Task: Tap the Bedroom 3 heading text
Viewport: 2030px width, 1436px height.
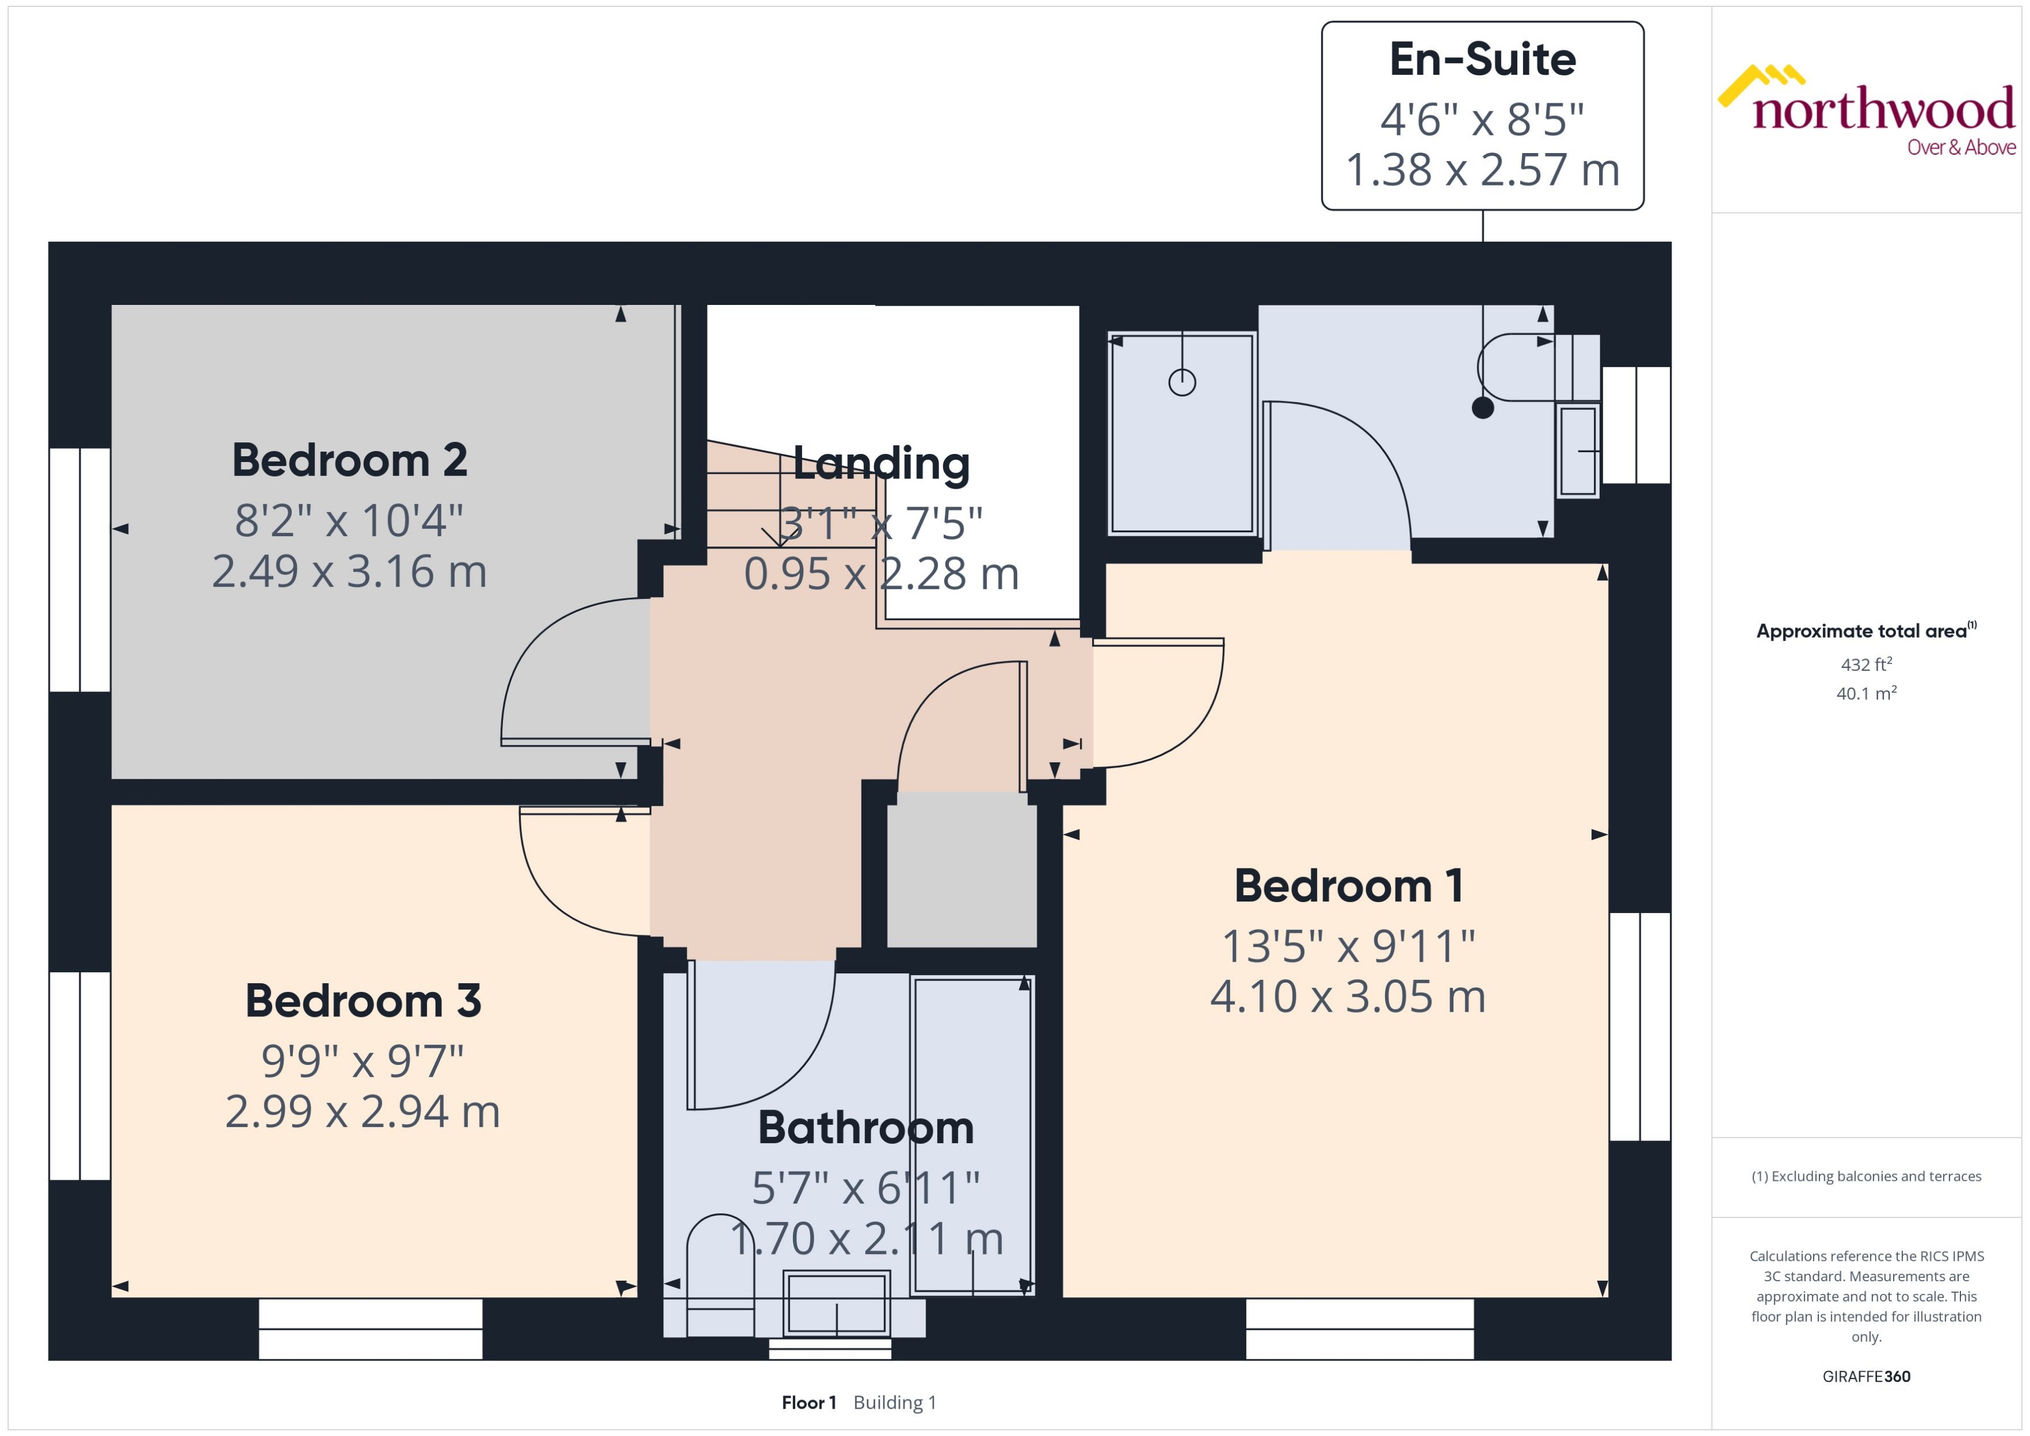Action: [362, 1001]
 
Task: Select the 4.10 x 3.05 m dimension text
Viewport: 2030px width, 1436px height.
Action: [1347, 997]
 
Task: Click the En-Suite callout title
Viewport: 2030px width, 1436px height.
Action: [1482, 59]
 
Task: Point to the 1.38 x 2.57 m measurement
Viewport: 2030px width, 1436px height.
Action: [1482, 170]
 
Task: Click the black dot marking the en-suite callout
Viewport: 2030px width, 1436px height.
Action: [1482, 408]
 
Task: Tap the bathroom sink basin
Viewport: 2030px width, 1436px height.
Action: [836, 1303]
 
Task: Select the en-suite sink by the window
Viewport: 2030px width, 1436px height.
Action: [1578, 450]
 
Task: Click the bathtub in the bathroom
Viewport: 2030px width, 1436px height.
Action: [972, 1135]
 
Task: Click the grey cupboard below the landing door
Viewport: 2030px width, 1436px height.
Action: [962, 869]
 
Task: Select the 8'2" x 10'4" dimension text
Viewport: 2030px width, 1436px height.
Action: [349, 521]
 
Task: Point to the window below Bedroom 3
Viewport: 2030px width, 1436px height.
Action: [371, 1328]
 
